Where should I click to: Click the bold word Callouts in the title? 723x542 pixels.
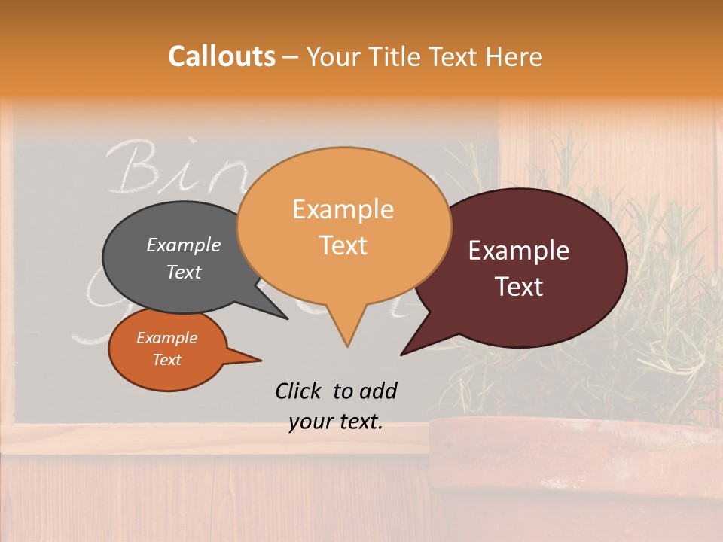point(221,56)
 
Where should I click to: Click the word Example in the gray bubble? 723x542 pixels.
point(184,245)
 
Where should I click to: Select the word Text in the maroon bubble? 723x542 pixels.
point(520,287)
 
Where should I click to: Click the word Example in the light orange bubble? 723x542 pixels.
point(343,209)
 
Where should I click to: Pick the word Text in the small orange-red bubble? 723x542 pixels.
point(167,360)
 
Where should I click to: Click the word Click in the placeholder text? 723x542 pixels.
point(299,391)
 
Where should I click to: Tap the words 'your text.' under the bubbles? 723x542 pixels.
point(336,422)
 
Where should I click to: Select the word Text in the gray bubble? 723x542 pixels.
point(184,273)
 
